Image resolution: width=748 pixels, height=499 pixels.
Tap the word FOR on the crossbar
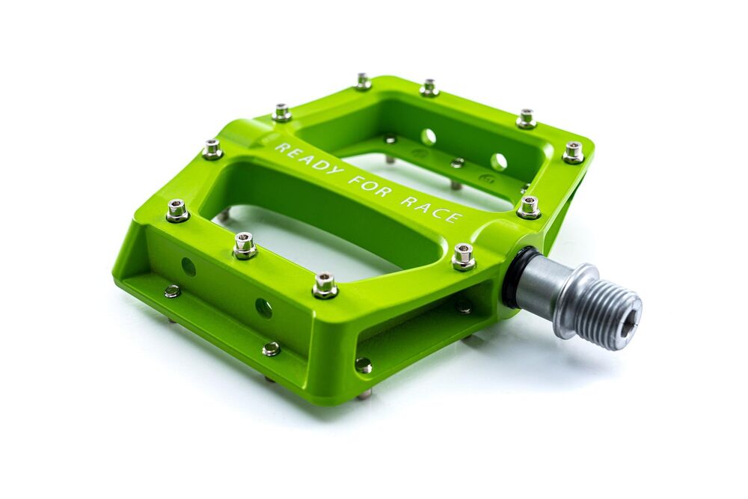[x=370, y=183]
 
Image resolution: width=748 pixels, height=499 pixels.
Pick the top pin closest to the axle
[x=464, y=257]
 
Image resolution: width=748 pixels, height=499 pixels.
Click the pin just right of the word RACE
[x=529, y=206]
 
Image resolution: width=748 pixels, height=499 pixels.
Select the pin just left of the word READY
[x=212, y=148]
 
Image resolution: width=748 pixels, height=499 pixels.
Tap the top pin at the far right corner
[x=574, y=152]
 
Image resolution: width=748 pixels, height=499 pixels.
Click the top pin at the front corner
[x=325, y=284]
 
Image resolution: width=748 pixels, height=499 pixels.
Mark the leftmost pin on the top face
[x=177, y=210]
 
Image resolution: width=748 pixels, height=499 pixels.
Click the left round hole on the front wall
[x=188, y=266]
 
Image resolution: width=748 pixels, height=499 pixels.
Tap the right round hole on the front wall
[x=263, y=307]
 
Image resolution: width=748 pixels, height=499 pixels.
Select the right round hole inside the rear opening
[x=498, y=162]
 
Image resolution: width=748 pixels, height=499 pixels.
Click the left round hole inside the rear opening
[x=429, y=136]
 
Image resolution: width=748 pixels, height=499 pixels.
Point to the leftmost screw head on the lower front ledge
[x=172, y=291]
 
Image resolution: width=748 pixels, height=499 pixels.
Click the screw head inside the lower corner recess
[x=363, y=365]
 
